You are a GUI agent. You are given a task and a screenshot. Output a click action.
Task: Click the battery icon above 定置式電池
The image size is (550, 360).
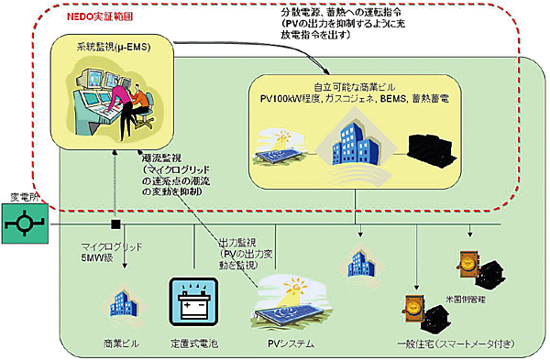pos(191,303)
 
